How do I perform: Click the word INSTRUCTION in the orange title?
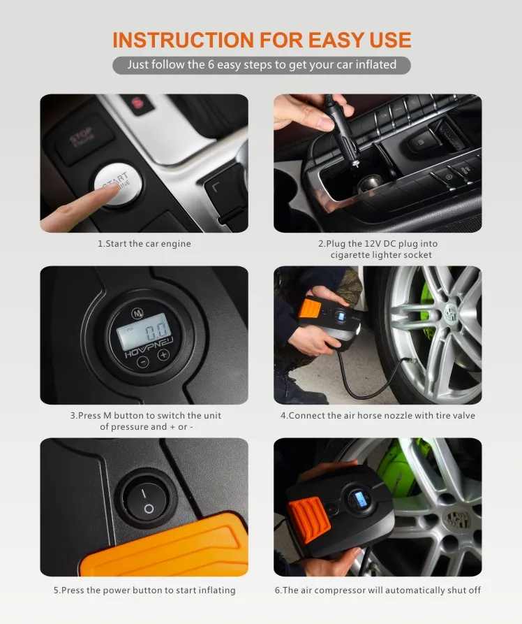click(x=184, y=40)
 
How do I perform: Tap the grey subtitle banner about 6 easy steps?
click(x=262, y=65)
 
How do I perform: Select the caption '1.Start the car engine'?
click(x=144, y=244)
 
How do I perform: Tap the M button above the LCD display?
click(x=137, y=314)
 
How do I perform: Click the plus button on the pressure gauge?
click(x=164, y=355)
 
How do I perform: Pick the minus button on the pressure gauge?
click(x=143, y=362)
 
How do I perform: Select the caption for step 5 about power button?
click(x=144, y=590)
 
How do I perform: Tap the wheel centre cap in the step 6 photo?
click(x=457, y=518)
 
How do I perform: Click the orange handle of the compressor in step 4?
click(x=310, y=308)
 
